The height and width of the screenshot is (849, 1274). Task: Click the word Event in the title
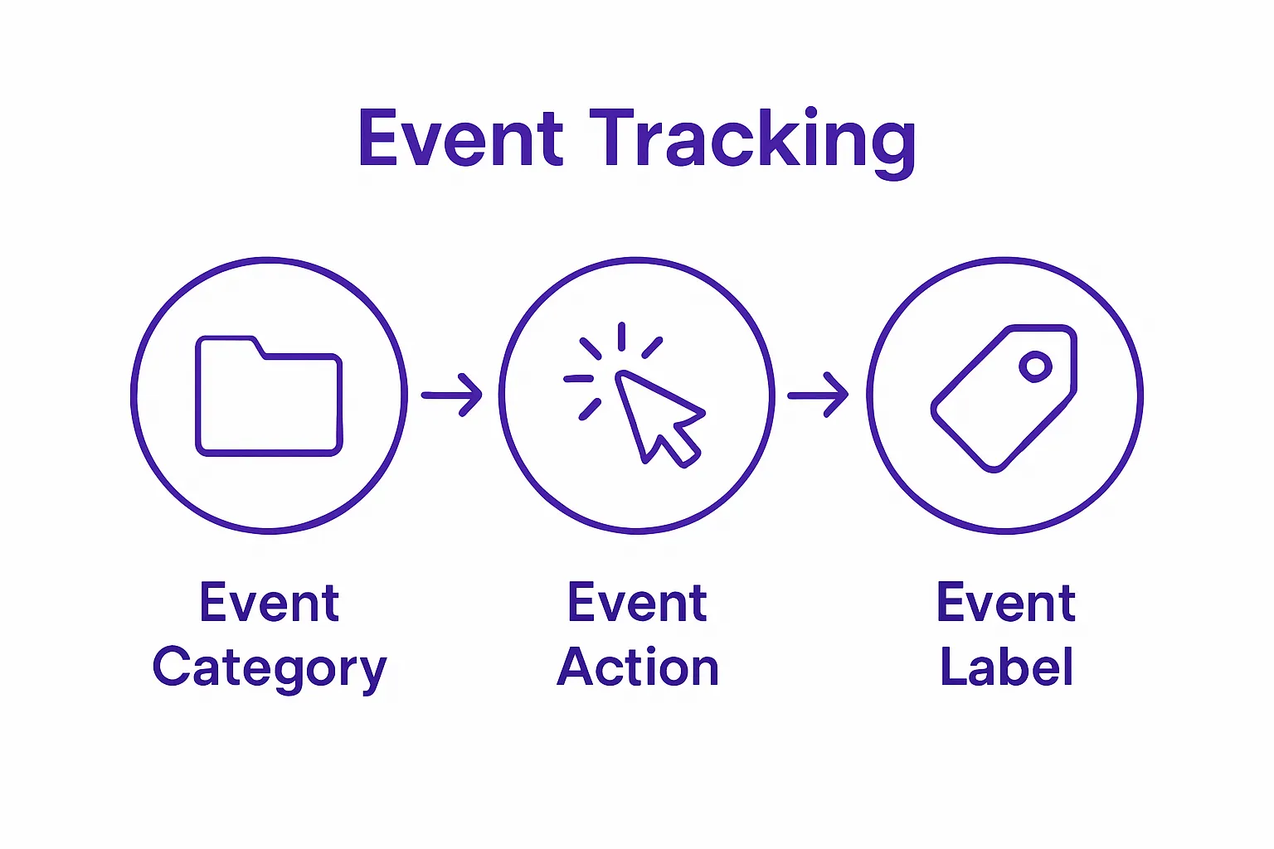pyautogui.click(x=461, y=138)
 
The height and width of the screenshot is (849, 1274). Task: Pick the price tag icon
pyautogui.click(x=1004, y=397)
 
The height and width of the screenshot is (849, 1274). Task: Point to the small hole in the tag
pyautogui.click(x=1035, y=366)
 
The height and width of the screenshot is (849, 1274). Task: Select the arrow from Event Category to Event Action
pyautogui.click(x=452, y=395)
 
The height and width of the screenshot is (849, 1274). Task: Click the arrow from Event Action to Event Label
pyautogui.click(x=818, y=395)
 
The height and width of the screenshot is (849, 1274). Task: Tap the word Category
pyautogui.click(x=270, y=668)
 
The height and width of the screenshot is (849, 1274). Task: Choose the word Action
pyautogui.click(x=637, y=667)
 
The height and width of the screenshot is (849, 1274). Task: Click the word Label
pyautogui.click(x=1006, y=667)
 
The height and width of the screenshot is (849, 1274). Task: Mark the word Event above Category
pyautogui.click(x=270, y=603)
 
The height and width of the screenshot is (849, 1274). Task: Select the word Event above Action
pyautogui.click(x=637, y=603)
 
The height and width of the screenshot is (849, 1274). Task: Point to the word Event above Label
pyautogui.click(x=1006, y=603)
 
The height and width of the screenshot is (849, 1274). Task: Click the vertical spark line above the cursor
pyautogui.click(x=621, y=336)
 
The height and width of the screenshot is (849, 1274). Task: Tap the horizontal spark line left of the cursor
pyautogui.click(x=578, y=379)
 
